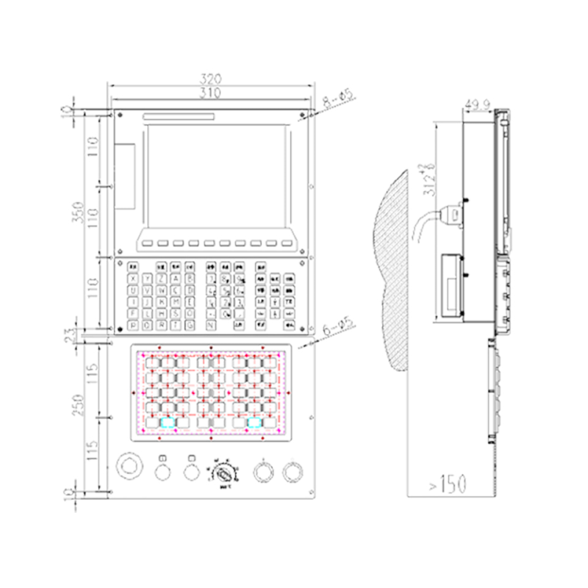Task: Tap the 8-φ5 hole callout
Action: tap(340, 98)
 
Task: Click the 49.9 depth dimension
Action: tap(478, 104)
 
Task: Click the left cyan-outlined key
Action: tap(168, 423)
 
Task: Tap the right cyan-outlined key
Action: tap(256, 423)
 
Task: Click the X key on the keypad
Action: tap(133, 279)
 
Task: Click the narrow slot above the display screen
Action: tap(179, 116)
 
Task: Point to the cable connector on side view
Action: tap(456, 212)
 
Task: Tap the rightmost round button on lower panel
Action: tap(293, 470)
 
